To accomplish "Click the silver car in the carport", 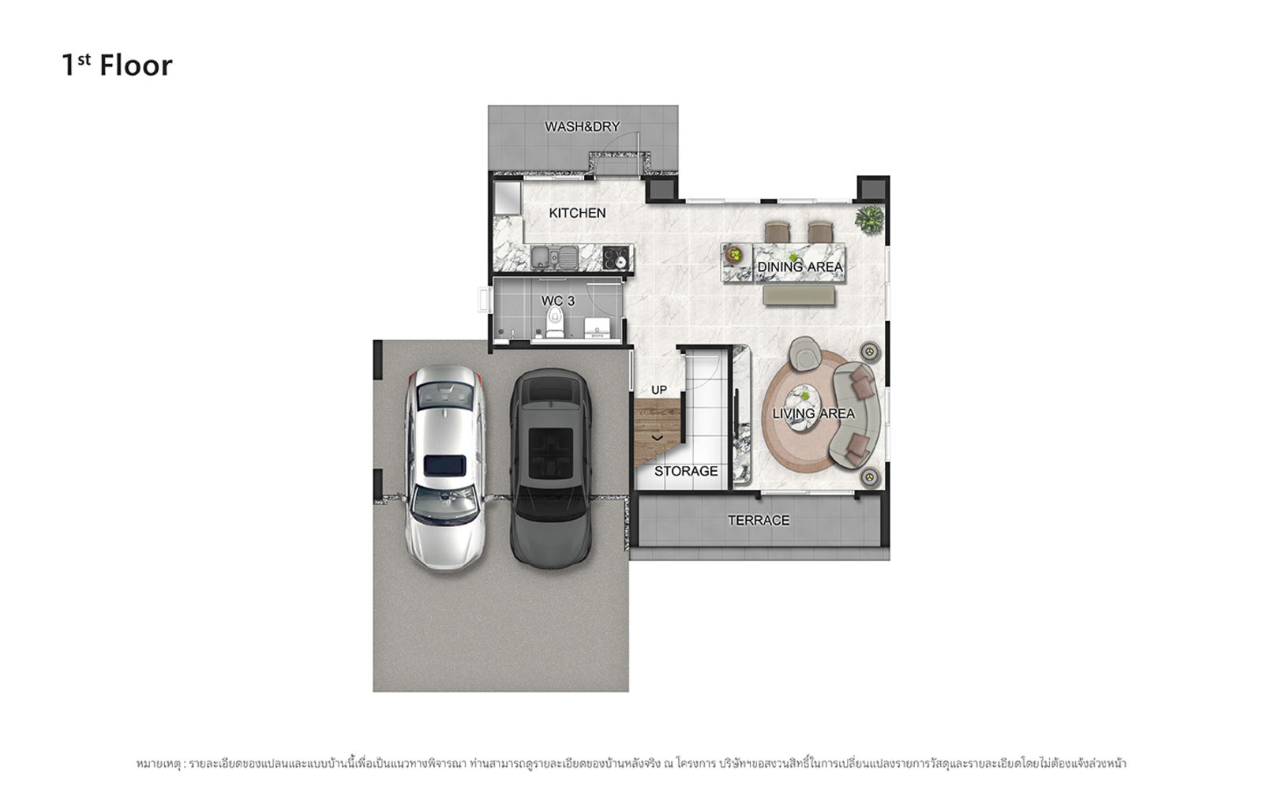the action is [445, 468].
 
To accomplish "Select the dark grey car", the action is [551, 468].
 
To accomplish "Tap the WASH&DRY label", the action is [583, 127].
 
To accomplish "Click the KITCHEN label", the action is [577, 213].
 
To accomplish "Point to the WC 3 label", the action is [558, 301].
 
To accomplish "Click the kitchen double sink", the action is [554, 257].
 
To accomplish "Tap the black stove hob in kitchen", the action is [615, 257].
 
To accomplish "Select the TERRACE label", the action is [759, 520].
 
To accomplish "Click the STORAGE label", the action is [686, 471].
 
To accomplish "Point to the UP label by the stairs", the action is [659, 390].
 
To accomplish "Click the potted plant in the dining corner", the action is [869, 219].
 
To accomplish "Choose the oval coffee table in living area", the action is [801, 407].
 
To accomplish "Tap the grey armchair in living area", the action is [804, 353].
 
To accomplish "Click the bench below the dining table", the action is [799, 295].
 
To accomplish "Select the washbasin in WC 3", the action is [597, 327].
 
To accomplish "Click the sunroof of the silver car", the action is [445, 466].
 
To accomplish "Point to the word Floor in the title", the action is [136, 65].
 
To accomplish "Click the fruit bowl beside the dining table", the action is [734, 255].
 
